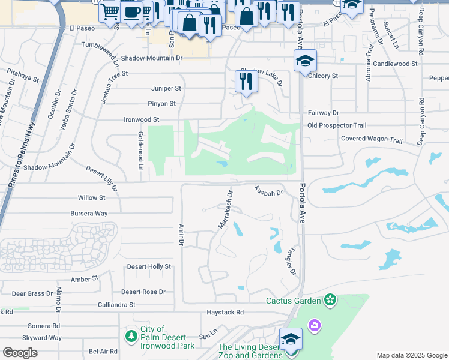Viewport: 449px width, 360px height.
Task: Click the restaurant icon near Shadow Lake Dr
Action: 246,81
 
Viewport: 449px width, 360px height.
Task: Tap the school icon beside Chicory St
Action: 305,60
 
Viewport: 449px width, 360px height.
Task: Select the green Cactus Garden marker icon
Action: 329,299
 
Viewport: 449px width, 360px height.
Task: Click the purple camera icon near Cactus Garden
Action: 314,326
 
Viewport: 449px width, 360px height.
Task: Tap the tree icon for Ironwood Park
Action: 131,337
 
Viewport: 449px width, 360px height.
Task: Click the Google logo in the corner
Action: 20,353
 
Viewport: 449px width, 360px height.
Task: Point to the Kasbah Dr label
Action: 268,190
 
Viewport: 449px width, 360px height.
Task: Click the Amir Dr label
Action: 180,235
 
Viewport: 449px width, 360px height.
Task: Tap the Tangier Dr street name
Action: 293,263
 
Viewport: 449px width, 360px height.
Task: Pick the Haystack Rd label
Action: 225,312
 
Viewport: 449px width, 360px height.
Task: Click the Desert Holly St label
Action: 149,266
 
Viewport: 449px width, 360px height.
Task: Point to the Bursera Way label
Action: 88,213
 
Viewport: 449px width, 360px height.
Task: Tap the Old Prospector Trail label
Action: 336,125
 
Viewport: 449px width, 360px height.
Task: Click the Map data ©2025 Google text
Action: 411,355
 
